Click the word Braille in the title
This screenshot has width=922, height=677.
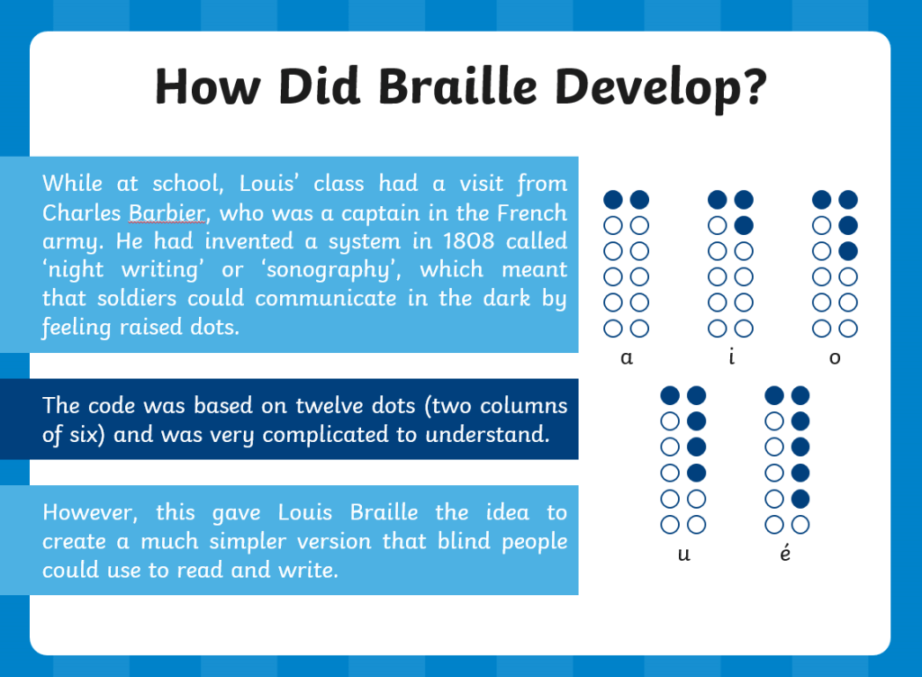pyautogui.click(x=457, y=86)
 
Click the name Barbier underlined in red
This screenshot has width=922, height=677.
pyautogui.click(x=167, y=212)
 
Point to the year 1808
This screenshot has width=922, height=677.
pyautogui.click(x=468, y=241)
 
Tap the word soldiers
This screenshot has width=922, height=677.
pyautogui.click(x=137, y=298)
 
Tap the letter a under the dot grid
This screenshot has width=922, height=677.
pyautogui.click(x=627, y=357)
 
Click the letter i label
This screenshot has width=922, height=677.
pyautogui.click(x=731, y=357)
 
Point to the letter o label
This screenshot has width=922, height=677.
pyautogui.click(x=835, y=357)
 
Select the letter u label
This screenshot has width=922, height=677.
pyautogui.click(x=684, y=554)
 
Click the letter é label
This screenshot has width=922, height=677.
pyautogui.click(x=785, y=553)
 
